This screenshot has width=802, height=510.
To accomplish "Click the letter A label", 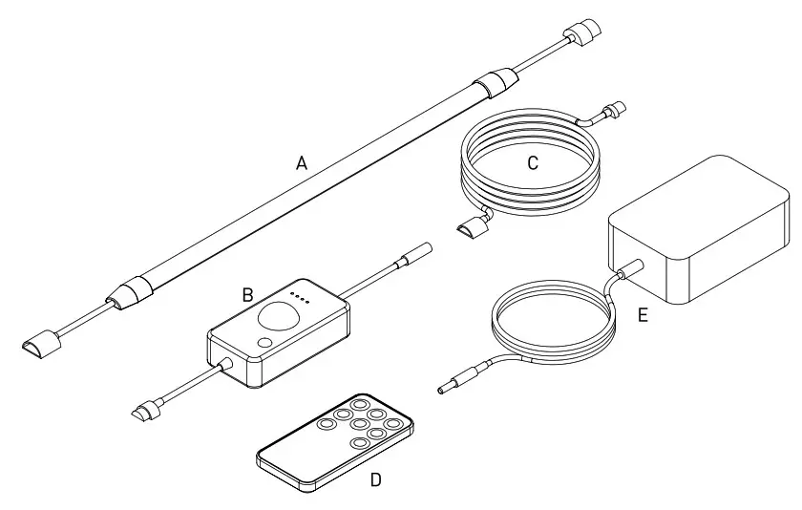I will point(302,163).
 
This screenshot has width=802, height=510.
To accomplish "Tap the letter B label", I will point(247,295).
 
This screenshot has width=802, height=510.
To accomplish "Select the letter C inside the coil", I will point(533,163).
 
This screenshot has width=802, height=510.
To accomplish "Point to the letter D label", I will point(375,479).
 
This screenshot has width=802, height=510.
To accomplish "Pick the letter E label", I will point(643,315).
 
